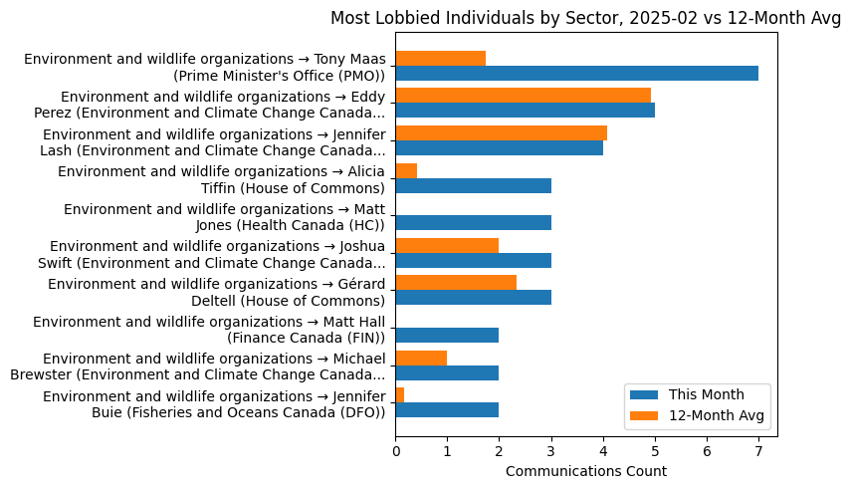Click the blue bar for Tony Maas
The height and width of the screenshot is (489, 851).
tap(576, 74)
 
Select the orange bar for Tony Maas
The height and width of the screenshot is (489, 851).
tap(440, 59)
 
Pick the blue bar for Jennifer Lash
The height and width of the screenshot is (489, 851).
tap(499, 148)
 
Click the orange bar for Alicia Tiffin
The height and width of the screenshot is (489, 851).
tap(406, 170)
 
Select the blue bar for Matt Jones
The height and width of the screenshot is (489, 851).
tap(473, 223)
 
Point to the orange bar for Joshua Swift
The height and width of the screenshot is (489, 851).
tap(447, 246)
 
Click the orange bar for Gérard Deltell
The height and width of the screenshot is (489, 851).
tap(456, 283)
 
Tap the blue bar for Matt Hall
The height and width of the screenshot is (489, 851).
tap(447, 336)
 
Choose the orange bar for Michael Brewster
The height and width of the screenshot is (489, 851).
tap(421, 358)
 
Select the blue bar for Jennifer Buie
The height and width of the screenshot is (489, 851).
tap(447, 410)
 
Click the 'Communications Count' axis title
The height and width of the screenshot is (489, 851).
tap(585, 471)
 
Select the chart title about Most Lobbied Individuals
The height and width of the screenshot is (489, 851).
tap(585, 18)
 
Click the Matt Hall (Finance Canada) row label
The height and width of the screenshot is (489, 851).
tap(209, 330)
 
